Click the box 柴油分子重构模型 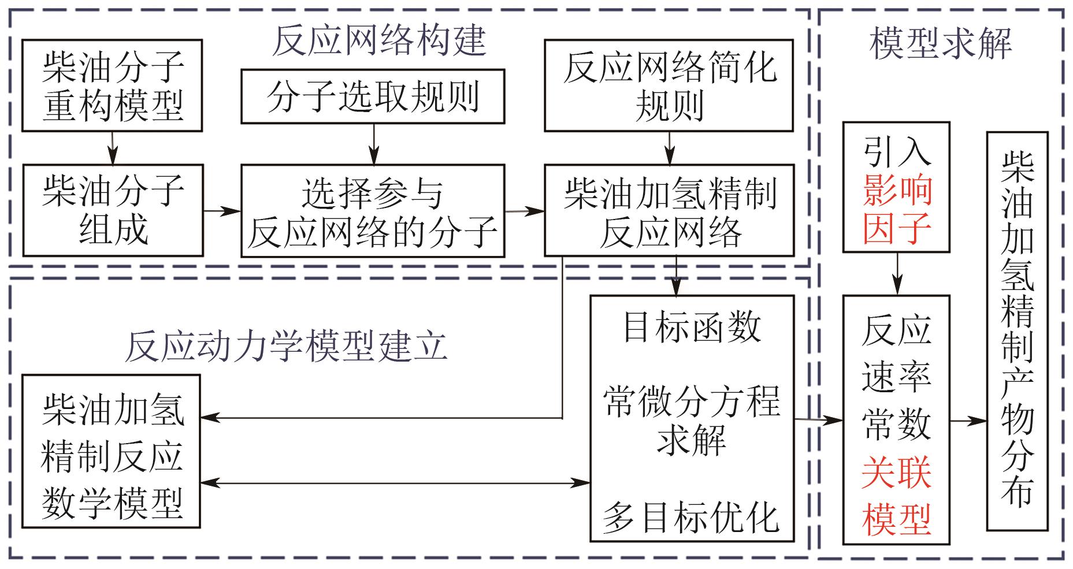coord(112,85)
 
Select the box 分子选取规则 coord(373,96)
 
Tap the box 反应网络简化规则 coord(669,85)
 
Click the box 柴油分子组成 coord(112,210)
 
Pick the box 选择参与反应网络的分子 coord(373,210)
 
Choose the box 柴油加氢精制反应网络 coord(669,210)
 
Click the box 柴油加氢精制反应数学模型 coord(112,451)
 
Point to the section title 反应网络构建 coord(378,40)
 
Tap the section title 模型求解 coord(941,43)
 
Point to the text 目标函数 coord(692,326)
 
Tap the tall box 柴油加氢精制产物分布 coord(1017,331)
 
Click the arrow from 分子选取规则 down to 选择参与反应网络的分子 coord(374,144)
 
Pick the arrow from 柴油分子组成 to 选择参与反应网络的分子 coord(222,210)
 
